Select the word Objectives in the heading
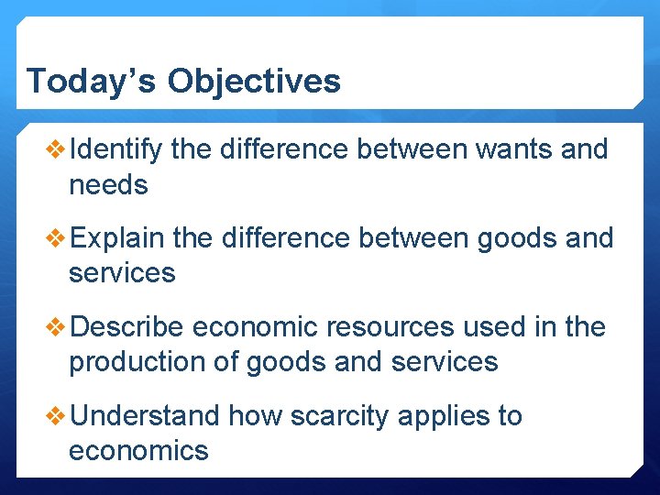[254, 81]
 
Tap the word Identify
[115, 149]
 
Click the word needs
[108, 185]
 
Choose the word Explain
[116, 238]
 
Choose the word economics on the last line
[138, 451]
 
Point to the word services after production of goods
[445, 362]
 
